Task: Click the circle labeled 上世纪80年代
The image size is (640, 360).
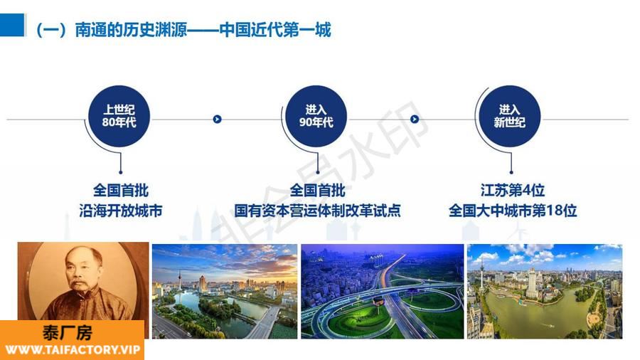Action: [x=119, y=116]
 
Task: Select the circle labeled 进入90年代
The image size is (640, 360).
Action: [x=316, y=116]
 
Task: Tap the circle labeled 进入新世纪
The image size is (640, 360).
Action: [x=509, y=116]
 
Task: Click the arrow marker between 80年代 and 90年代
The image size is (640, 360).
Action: [x=217, y=120]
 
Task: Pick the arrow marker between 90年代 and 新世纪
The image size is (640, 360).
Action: [x=415, y=120]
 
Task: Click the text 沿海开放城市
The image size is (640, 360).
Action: [x=121, y=211]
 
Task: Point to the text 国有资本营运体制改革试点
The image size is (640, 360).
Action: [x=317, y=211]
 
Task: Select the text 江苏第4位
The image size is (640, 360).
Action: [x=512, y=190]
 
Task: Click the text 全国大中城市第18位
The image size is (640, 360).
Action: [x=512, y=211]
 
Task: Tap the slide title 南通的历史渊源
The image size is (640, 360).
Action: [x=131, y=30]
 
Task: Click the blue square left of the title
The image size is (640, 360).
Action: [x=13, y=25]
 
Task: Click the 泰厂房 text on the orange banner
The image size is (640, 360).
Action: [x=68, y=333]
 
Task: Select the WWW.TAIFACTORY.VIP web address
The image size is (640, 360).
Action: [x=73, y=350]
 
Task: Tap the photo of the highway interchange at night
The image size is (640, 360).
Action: [x=383, y=292]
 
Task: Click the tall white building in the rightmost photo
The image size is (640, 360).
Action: [x=532, y=283]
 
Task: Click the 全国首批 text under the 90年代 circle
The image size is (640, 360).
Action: [x=317, y=190]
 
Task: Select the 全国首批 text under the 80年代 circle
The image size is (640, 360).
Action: [x=121, y=190]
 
